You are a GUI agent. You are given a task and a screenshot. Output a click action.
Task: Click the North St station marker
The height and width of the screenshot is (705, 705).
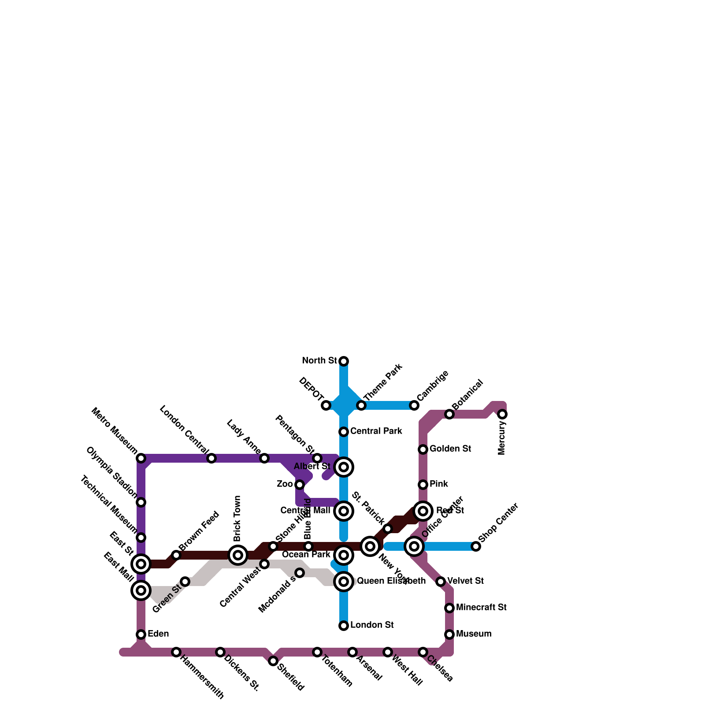[344, 361]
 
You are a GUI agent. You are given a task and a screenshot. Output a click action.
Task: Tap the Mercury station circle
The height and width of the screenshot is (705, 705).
[502, 414]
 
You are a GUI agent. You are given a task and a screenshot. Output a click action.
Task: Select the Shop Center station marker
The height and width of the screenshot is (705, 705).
[476, 546]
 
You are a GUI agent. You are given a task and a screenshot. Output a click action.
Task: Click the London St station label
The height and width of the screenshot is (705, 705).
[372, 625]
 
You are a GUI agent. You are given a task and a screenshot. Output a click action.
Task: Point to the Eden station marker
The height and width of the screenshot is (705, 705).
[141, 634]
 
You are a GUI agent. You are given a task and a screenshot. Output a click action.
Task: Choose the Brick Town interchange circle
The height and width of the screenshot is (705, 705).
[238, 555]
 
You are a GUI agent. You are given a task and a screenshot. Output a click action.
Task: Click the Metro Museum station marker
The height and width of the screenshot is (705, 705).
[141, 458]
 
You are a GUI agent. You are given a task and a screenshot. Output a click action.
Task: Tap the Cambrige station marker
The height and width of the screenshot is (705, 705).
[414, 405]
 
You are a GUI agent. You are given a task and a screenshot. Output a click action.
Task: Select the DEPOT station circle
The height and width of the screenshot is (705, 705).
[326, 405]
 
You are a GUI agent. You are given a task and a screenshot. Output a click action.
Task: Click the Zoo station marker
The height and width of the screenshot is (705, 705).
[300, 485]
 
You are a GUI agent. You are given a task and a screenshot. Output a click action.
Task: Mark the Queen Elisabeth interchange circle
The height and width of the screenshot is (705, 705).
[344, 582]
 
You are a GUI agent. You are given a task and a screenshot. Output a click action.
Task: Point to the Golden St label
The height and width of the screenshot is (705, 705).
[450, 449]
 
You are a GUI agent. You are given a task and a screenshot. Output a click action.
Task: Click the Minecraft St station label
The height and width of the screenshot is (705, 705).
[481, 608]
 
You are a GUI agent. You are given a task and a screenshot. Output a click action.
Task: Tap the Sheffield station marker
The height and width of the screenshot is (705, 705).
[273, 661]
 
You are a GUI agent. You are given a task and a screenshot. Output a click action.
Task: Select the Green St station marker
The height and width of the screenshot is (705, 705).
[185, 582]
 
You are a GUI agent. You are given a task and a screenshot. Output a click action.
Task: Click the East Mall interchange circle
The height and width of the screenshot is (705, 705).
[141, 590]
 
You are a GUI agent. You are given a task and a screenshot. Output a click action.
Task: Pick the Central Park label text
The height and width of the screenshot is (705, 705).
[376, 431]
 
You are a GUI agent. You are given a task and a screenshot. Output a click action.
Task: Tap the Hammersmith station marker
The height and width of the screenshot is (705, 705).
[176, 652]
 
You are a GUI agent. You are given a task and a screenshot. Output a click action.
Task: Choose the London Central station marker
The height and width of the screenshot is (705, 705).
[211, 458]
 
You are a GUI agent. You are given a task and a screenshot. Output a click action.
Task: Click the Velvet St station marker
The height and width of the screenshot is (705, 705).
[441, 582]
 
